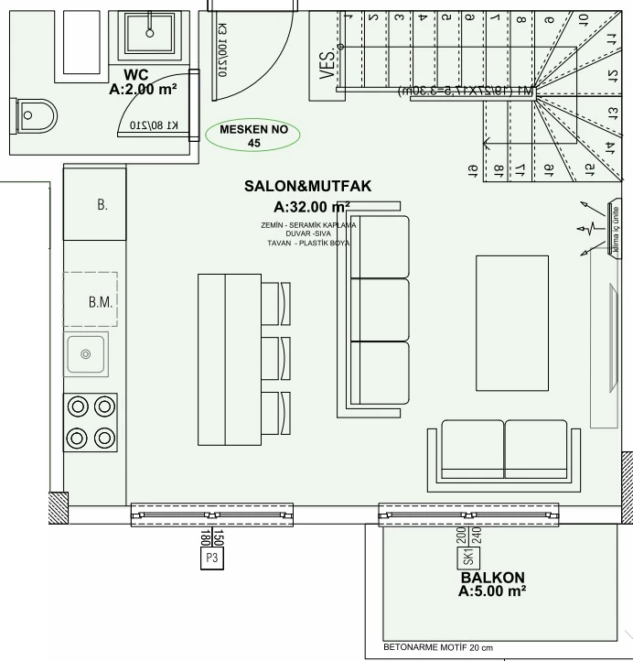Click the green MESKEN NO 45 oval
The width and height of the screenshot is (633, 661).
pyautogui.click(x=253, y=135)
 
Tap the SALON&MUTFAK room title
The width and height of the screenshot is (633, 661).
pyautogui.click(x=307, y=186)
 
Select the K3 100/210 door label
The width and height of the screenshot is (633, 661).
pyautogui.click(x=221, y=50)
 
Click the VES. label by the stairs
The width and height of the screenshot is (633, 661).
pyautogui.click(x=327, y=65)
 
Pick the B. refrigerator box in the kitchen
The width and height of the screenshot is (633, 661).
pyautogui.click(x=94, y=205)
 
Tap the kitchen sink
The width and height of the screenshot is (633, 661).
pyautogui.click(x=86, y=353)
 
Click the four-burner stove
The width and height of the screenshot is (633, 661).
pyautogui.click(x=91, y=421)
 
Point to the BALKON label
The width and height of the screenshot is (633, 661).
pyautogui.click(x=492, y=578)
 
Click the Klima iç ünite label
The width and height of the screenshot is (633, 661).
pyautogui.click(x=613, y=226)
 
